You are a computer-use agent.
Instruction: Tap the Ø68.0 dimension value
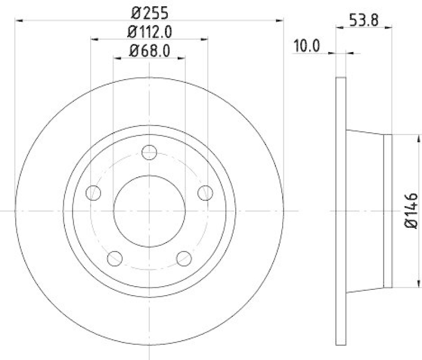tap(149, 51)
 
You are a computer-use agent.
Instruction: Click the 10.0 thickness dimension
tap(306, 45)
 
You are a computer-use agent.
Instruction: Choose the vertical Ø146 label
tap(412, 211)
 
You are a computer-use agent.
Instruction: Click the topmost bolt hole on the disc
tap(150, 152)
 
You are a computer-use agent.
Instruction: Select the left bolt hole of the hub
tap(94, 193)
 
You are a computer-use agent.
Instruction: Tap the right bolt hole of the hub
tap(205, 193)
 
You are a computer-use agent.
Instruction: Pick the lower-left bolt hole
tap(115, 258)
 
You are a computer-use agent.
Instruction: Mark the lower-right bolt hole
tap(184, 258)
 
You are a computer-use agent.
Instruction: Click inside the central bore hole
tap(150, 211)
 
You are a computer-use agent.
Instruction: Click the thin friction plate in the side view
tap(341, 211)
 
